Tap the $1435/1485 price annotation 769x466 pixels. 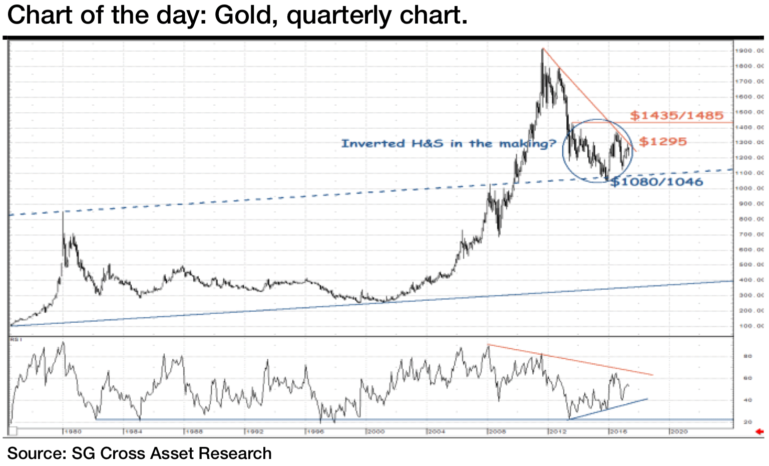coord(677,116)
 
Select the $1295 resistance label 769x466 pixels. coord(663,142)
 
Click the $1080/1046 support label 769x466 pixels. coord(657,182)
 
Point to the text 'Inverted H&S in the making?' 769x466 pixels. coord(449,144)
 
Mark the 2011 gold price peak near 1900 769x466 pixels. coord(543,49)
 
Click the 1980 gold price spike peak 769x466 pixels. coord(63,212)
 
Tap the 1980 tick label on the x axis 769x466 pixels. coord(72,431)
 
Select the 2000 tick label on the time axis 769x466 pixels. coord(375,431)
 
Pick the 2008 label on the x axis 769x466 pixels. coord(497,431)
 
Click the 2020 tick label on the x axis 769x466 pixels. coord(679,431)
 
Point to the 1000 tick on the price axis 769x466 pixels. coord(749,188)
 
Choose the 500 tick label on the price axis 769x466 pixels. coord(749,265)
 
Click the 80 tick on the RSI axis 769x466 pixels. coord(747,356)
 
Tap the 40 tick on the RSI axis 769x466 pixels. coord(747,400)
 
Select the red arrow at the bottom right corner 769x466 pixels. coord(760,432)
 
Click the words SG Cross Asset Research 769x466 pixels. coord(172,453)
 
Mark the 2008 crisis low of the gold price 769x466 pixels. coord(499,236)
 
